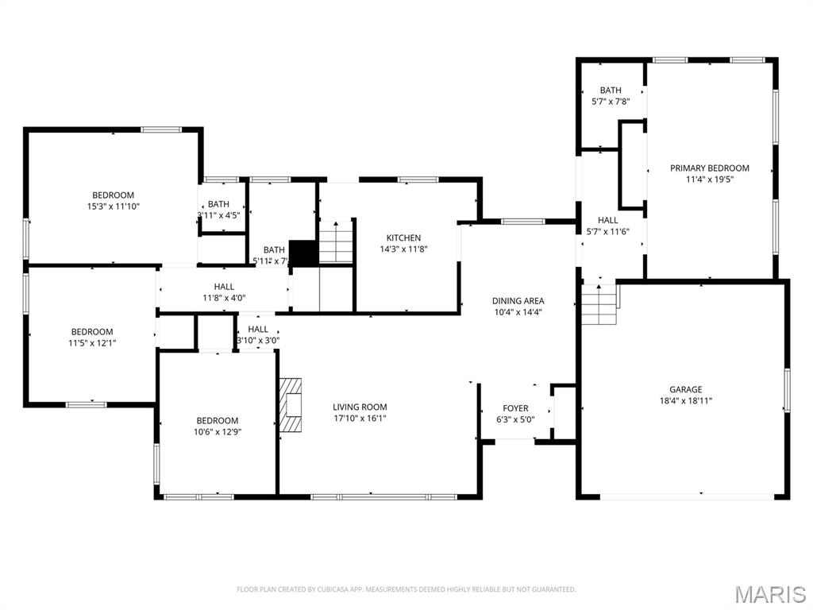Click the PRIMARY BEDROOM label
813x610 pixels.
709,168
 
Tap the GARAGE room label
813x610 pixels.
685,389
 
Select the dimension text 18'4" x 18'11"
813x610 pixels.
685,401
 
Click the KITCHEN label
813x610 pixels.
403,237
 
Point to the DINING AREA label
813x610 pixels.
518,301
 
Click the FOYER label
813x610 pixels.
515,408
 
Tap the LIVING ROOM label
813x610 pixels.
360,407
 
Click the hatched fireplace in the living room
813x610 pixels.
291,404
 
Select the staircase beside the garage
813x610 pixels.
600,304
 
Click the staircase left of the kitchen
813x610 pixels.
336,242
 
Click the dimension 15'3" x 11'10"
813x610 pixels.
114,207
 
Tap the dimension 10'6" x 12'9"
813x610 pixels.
218,432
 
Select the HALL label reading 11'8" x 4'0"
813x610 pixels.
224,287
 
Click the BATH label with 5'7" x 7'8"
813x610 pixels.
611,91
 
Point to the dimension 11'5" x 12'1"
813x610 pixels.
92,343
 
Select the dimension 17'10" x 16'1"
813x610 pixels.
360,419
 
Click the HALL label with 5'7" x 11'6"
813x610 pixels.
608,220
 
